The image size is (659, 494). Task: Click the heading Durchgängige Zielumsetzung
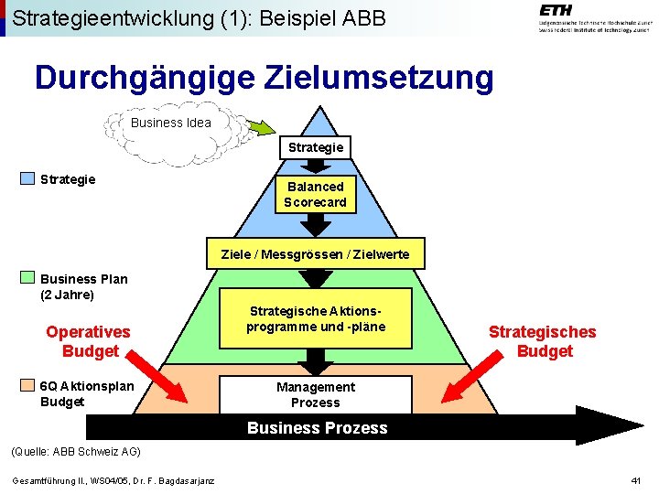pos(264,78)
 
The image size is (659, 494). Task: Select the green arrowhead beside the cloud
pos(263,127)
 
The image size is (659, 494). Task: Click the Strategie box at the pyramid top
pos(316,147)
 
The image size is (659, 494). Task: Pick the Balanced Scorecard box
pos(315,194)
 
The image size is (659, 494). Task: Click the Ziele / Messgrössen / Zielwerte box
pos(316,254)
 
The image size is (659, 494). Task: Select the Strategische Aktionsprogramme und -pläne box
pos(316,319)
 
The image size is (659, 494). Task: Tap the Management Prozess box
pos(316,394)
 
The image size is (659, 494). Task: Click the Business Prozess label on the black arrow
pos(318,428)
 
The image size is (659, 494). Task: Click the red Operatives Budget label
pos(89,341)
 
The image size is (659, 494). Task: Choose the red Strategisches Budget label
pos(542,341)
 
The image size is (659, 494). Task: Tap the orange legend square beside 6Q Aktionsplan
pos(28,385)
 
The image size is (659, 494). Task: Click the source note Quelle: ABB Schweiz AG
pos(74,451)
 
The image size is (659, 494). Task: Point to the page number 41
pos(636,481)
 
